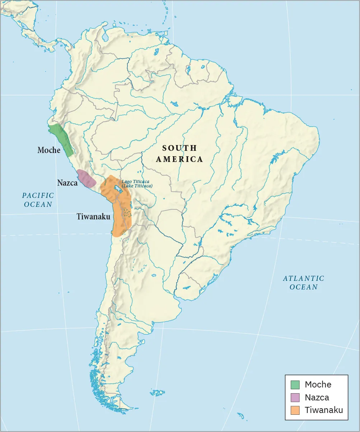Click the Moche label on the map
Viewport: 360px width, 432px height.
coord(49,150)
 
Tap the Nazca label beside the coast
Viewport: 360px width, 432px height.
coord(67,183)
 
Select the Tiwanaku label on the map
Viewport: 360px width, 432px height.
coord(93,217)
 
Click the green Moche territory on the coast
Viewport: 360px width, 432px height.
coord(62,140)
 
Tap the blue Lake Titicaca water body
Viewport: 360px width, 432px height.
coord(117,189)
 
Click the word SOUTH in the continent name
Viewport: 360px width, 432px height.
coord(179,148)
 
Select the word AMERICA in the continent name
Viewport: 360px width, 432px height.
coord(179,159)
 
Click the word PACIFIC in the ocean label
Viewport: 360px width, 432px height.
coord(38,196)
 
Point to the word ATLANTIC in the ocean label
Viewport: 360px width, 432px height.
coord(303,278)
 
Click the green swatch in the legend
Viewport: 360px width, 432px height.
coord(295,385)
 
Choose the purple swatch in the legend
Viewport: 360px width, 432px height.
coord(295,398)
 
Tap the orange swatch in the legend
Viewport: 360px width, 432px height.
coord(295,410)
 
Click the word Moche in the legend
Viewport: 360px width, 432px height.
coord(318,385)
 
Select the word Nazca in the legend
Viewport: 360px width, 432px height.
coord(317,398)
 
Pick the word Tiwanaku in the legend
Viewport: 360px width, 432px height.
coord(324,410)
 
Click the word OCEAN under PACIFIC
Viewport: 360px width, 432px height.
coord(38,204)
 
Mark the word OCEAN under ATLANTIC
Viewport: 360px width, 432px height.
coord(303,287)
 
